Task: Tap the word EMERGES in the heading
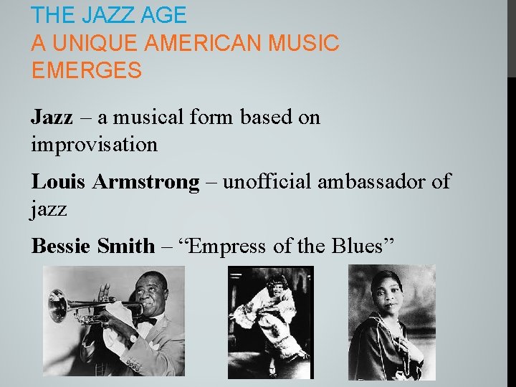pos(87,71)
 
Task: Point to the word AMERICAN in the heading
pos(204,43)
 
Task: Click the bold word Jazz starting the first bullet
pos(52,117)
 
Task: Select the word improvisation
pos(94,145)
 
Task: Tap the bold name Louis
pos(59,181)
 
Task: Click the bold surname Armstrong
pos(145,182)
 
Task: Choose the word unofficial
pos(268,181)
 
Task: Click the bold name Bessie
pos(62,246)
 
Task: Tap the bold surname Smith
pos(125,246)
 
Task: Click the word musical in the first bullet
pos(150,117)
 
